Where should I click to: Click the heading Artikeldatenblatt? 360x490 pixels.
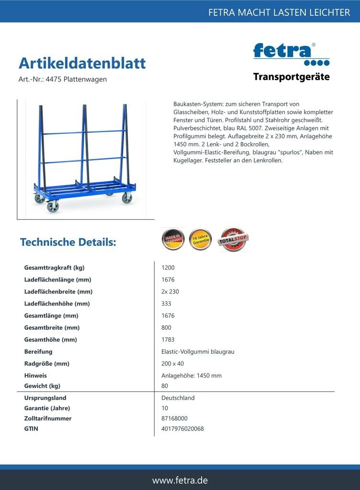click(82, 63)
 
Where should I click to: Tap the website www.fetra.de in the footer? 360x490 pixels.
click(180, 480)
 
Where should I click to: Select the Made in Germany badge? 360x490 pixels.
click(173, 239)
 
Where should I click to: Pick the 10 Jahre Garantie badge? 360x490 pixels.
click(201, 240)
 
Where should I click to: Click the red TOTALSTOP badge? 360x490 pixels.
click(233, 240)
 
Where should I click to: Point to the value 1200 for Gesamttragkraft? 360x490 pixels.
click(168, 267)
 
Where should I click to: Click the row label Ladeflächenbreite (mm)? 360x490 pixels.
click(58, 291)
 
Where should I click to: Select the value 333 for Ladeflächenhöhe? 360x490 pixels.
click(166, 303)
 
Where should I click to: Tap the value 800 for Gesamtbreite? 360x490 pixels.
click(166, 327)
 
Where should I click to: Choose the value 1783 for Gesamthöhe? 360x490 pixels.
click(168, 339)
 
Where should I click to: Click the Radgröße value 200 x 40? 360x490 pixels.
click(172, 363)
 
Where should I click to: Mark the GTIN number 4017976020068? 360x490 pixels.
click(182, 428)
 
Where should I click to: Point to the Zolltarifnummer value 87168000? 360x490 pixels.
click(174, 418)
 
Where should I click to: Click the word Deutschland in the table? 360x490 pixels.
click(178, 398)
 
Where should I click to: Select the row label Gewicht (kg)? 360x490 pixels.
click(42, 386)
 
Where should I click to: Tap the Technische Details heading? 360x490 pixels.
click(68, 242)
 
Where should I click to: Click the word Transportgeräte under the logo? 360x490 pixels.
click(291, 77)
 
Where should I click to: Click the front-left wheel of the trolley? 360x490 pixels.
click(52, 207)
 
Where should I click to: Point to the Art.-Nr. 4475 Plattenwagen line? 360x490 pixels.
click(62, 79)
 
